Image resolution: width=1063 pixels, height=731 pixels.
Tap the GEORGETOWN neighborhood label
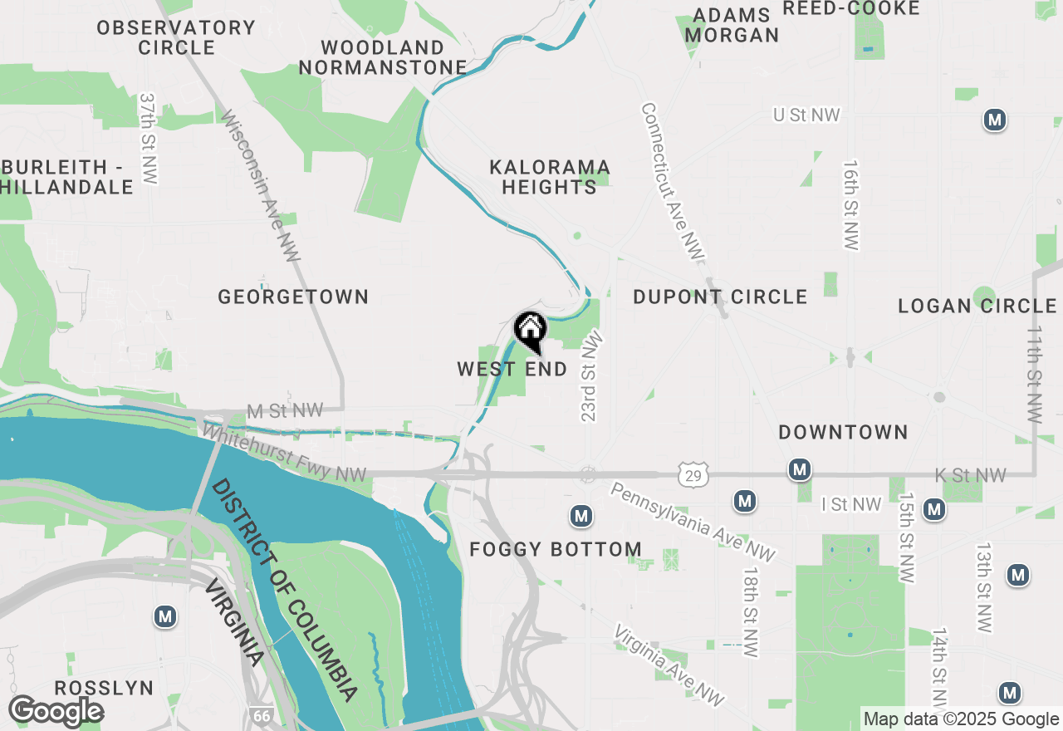tap(293, 297)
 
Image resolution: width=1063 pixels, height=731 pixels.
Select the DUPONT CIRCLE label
tap(720, 297)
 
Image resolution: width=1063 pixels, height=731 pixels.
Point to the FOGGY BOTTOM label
tap(556, 549)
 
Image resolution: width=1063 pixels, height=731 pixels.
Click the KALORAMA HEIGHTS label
tap(550, 178)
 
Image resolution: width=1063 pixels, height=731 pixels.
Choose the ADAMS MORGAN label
tap(732, 26)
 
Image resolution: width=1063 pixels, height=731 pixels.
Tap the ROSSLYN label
tap(105, 688)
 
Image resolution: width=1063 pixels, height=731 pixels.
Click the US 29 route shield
tap(692, 474)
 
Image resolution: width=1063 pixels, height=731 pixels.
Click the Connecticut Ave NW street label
tap(672, 180)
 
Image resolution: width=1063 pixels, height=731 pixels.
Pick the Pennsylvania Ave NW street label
tap(693, 522)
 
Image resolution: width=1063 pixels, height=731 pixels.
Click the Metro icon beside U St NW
tap(994, 120)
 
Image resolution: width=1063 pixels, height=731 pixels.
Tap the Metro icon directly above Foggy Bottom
tap(581, 516)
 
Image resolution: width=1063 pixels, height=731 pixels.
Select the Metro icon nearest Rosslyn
tap(165, 616)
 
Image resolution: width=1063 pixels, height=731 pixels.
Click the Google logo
tap(56, 712)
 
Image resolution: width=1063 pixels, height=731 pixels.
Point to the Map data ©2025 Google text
tap(961, 719)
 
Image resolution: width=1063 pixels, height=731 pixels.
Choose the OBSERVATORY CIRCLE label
tap(176, 37)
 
